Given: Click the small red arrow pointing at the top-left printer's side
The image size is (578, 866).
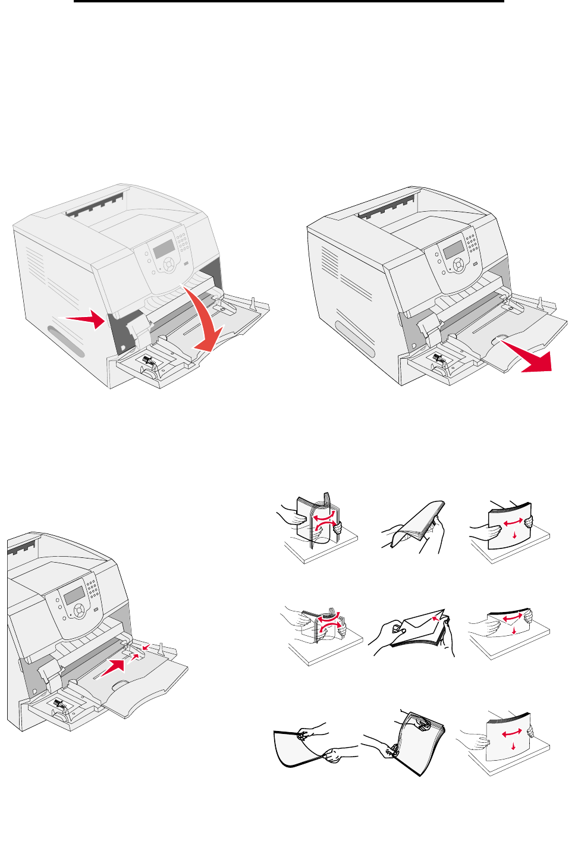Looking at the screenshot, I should click(86, 319).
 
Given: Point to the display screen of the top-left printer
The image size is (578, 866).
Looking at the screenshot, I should click(163, 248).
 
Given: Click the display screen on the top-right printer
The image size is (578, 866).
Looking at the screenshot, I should click(453, 250).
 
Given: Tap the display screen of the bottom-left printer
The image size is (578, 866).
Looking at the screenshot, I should click(74, 594).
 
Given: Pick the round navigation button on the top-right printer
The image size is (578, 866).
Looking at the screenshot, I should click(458, 266).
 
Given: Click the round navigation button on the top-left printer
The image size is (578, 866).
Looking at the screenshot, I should click(168, 263).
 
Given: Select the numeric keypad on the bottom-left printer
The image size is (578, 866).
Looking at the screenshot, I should click(92, 589).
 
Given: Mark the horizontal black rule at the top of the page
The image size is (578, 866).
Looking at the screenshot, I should click(289, 2).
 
